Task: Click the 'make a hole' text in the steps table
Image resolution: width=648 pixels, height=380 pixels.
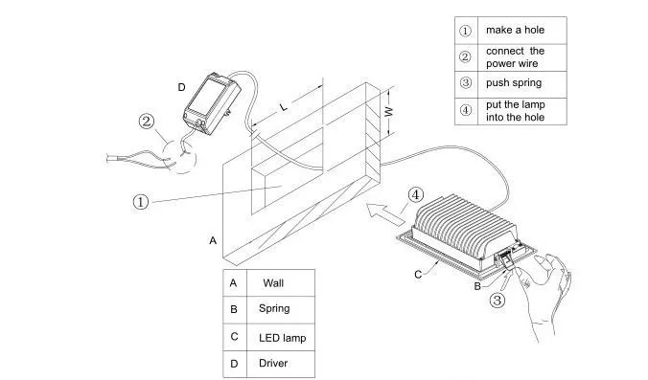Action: (515, 30)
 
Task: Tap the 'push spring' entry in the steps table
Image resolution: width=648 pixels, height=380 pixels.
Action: (514, 83)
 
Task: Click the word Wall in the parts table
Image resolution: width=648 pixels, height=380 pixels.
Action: (273, 283)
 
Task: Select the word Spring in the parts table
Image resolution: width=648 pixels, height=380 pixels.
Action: (274, 309)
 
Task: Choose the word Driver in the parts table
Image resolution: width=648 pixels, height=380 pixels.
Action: (273, 363)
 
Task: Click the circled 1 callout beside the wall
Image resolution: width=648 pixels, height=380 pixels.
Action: (141, 202)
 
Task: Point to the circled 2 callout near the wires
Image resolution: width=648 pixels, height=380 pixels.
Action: (147, 122)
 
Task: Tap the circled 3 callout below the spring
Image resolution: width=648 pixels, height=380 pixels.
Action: (498, 300)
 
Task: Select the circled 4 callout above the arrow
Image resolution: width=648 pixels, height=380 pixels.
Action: (416, 194)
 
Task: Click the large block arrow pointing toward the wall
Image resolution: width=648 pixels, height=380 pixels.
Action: (385, 213)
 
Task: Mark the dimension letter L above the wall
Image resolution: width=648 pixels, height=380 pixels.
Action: (284, 107)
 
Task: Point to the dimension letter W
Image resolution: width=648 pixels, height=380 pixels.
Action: (389, 111)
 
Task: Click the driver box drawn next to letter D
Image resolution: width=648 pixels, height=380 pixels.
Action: (212, 103)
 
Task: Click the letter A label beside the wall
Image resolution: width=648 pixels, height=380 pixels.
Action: (213, 240)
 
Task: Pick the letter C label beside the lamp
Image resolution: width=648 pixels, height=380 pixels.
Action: (418, 275)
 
